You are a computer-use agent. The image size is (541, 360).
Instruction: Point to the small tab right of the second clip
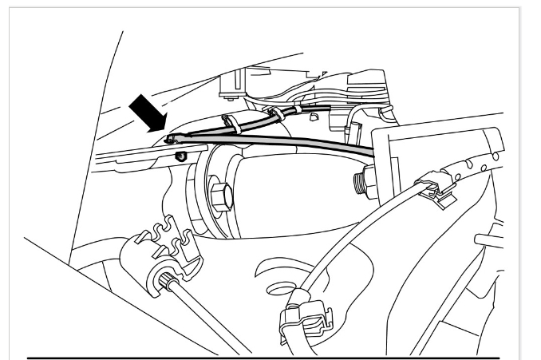pyautogui.click(x=314, y=117)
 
